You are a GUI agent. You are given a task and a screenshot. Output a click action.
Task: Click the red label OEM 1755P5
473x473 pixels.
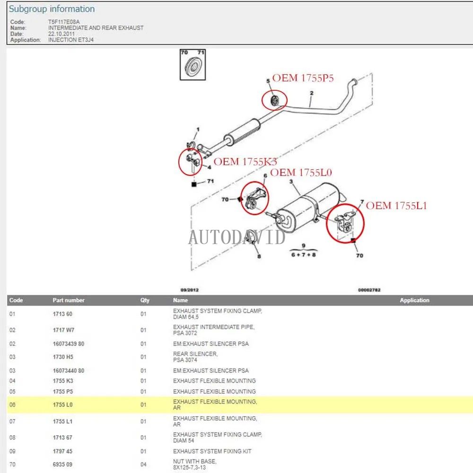pyautogui.click(x=303, y=78)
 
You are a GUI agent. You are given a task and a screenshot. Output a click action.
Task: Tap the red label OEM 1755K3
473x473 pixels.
pyautogui.click(x=245, y=162)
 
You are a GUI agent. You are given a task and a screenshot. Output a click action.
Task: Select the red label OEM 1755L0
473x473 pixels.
pyautogui.click(x=301, y=172)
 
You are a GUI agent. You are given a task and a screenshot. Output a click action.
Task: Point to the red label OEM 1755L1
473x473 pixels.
pyautogui.click(x=396, y=205)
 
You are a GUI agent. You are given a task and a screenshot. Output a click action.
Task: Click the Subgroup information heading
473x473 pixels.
pyautogui.click(x=52, y=9)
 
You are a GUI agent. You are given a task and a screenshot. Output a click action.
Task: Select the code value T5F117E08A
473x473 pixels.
pyautogui.click(x=64, y=22)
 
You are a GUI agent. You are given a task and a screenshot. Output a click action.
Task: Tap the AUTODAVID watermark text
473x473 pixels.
pyautogui.click(x=236, y=236)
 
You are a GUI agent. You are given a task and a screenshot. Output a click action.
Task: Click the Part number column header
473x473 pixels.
pyautogui.click(x=69, y=300)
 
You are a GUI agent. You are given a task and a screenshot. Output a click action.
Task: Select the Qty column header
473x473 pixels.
pyautogui.click(x=144, y=300)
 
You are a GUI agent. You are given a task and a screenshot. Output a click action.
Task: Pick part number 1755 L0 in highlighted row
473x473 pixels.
pyautogui.click(x=63, y=405)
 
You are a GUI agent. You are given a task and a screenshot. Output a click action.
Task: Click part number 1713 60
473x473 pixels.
pyautogui.click(x=62, y=314)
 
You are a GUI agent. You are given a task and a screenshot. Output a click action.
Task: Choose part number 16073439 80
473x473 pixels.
pyautogui.click(x=68, y=344)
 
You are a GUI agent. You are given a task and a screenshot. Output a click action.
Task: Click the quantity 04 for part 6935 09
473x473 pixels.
pyautogui.click(x=143, y=464)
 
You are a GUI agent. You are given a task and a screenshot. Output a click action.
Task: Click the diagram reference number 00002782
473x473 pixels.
pyautogui.click(x=369, y=290)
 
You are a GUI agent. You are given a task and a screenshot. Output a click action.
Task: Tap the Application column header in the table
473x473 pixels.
pyautogui.click(x=414, y=300)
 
